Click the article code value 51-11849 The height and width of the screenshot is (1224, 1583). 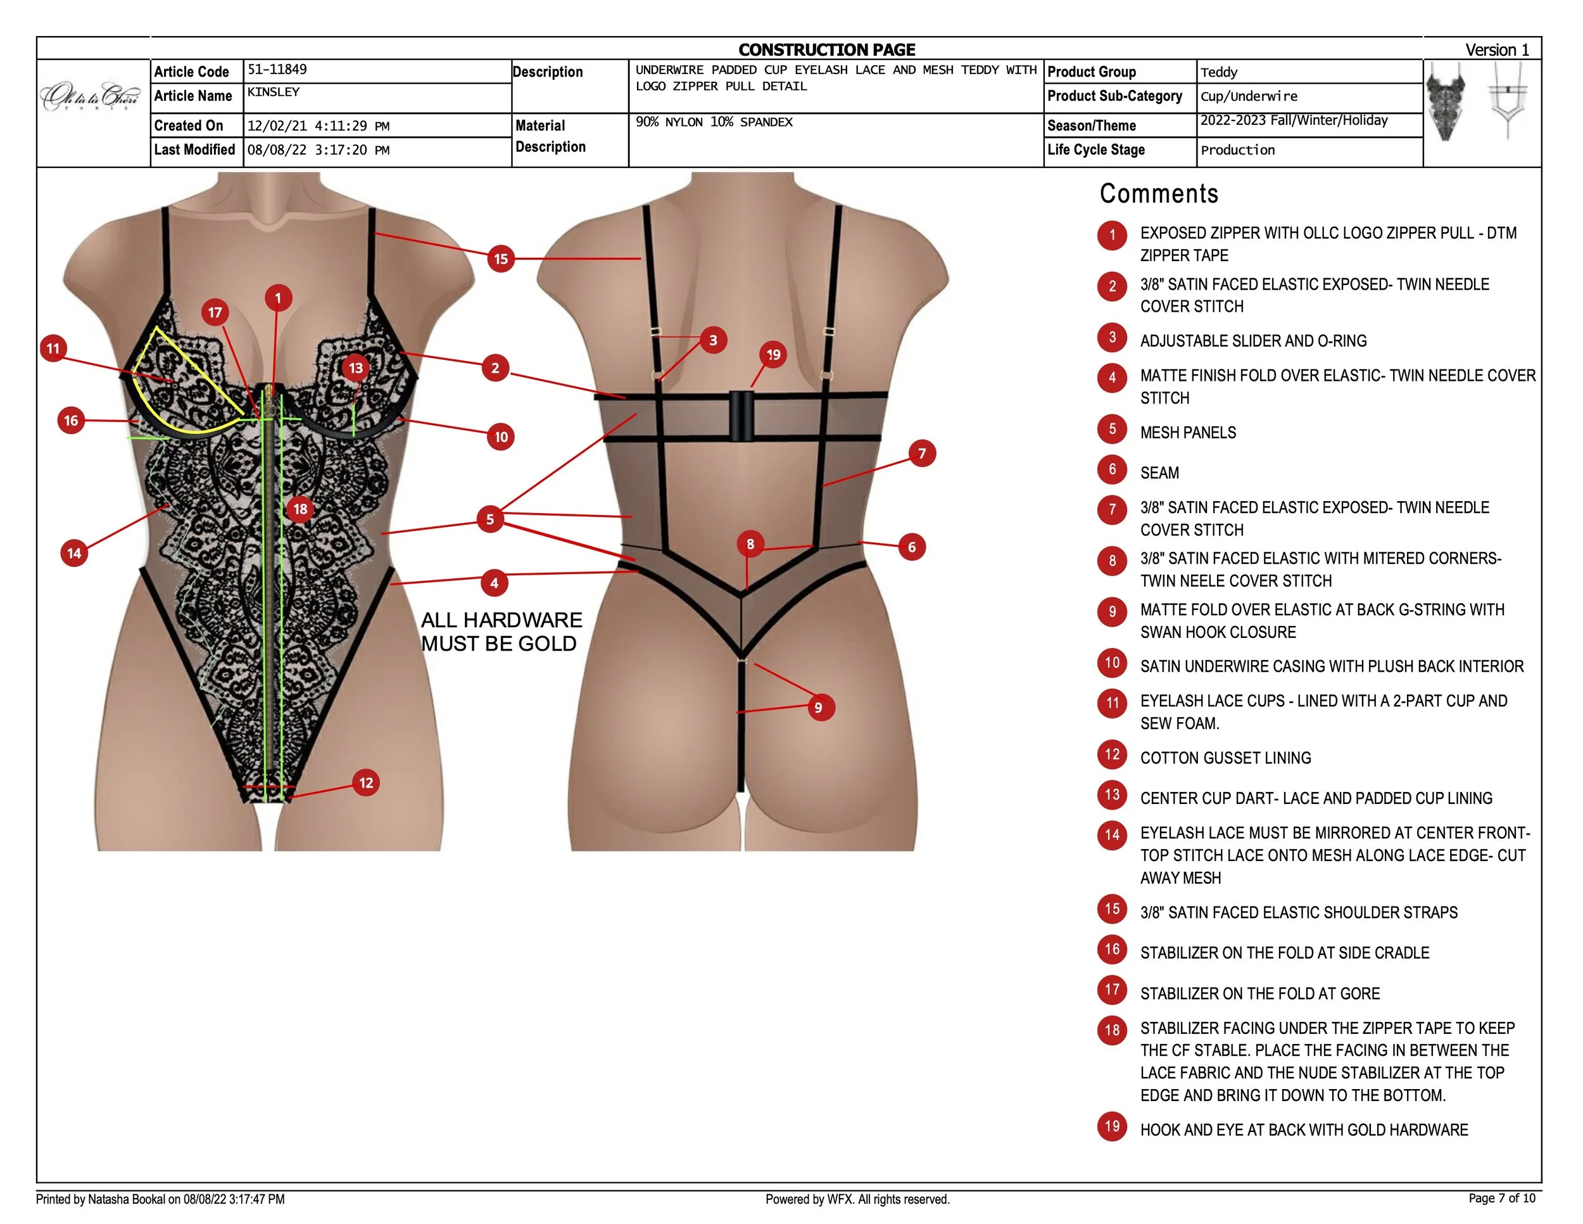(x=277, y=70)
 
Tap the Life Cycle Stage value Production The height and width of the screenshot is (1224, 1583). (x=1237, y=150)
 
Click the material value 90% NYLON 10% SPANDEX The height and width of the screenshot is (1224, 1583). (x=714, y=122)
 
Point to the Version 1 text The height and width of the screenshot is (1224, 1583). (x=1497, y=49)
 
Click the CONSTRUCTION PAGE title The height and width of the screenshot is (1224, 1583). (x=826, y=49)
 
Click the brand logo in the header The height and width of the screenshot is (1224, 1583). (x=91, y=96)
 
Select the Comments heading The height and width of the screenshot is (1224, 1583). (x=1158, y=194)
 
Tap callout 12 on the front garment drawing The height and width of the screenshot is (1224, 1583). (x=366, y=782)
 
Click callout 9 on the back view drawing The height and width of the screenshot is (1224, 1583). (x=818, y=707)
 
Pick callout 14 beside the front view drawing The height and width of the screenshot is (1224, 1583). (x=74, y=553)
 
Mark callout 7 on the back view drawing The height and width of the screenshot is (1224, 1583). (x=922, y=454)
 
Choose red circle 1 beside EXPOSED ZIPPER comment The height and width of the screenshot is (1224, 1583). (x=1112, y=235)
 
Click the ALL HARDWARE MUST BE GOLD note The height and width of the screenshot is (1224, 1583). (x=501, y=632)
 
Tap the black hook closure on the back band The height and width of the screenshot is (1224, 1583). (x=741, y=416)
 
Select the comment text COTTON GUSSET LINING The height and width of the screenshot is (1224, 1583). (x=1225, y=758)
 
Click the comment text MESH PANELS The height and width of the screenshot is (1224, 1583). (x=1188, y=433)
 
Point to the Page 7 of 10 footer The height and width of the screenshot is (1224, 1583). (x=1501, y=1198)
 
